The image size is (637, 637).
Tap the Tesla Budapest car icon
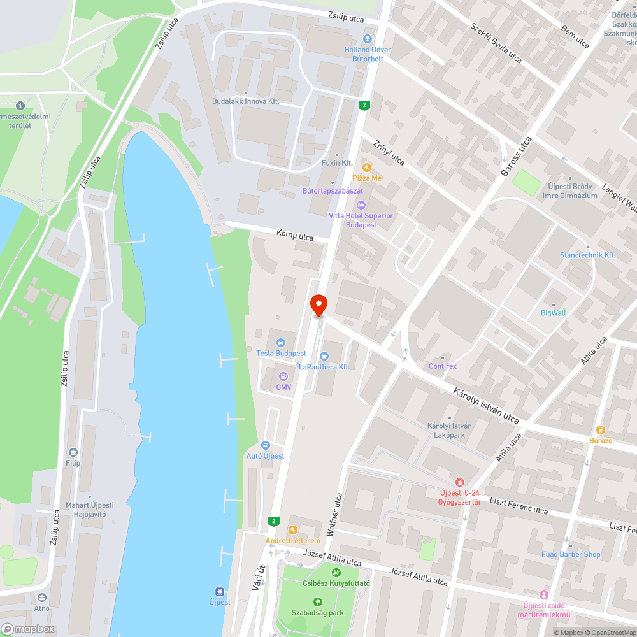click(x=281, y=343)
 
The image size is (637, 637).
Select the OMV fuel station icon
click(x=283, y=376)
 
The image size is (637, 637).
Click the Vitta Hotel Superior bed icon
click(x=361, y=205)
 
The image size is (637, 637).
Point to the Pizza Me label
click(x=368, y=178)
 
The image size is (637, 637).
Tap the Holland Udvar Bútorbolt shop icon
click(x=368, y=39)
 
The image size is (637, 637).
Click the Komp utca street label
click(x=295, y=236)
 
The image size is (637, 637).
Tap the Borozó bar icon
click(x=600, y=430)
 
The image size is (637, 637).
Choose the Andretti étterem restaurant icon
click(x=292, y=530)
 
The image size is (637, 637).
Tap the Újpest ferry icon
click(x=219, y=591)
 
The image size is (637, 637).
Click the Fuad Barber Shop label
click(x=571, y=554)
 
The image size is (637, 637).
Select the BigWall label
click(x=553, y=313)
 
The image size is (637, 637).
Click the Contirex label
click(x=443, y=366)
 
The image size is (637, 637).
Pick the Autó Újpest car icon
click(x=265, y=445)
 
